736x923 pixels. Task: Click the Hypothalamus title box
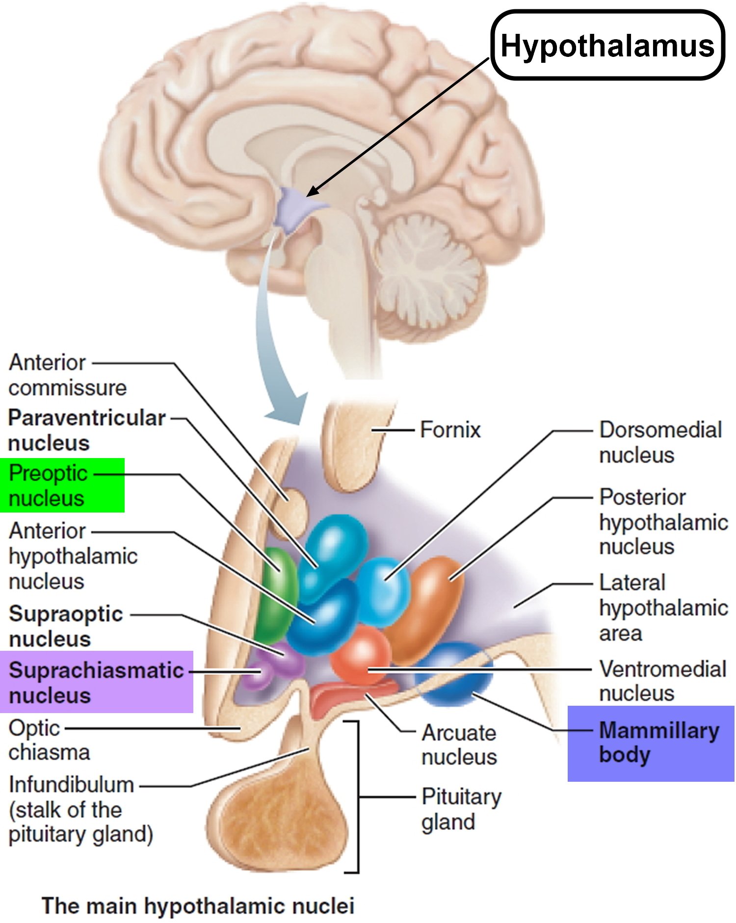tap(607, 45)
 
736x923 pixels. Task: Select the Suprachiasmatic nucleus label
tap(96, 682)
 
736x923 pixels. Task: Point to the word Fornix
tap(450, 430)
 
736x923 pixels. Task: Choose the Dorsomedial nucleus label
tap(660, 442)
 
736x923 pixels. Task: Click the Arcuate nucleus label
tap(459, 745)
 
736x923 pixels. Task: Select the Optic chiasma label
tap(49, 740)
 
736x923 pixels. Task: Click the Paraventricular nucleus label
tap(86, 430)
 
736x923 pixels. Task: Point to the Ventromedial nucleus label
tap(662, 681)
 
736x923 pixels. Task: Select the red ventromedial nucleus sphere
tap(361, 655)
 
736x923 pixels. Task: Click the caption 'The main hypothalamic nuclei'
tap(198, 906)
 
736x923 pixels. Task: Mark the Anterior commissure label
tap(67, 375)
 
